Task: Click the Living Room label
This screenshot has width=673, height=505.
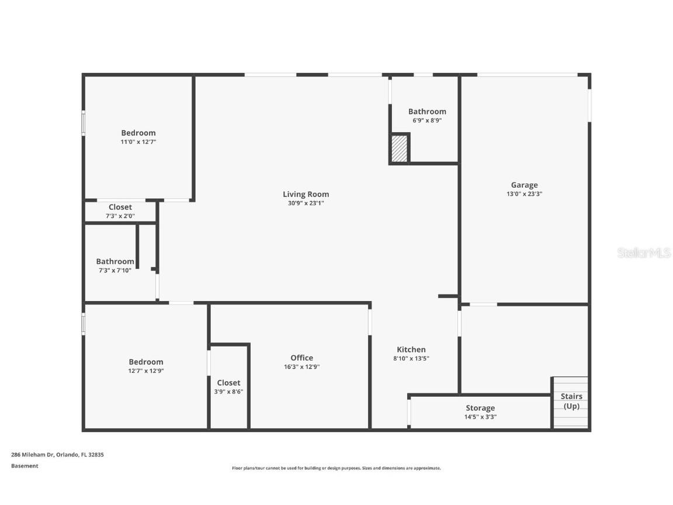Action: tap(306, 194)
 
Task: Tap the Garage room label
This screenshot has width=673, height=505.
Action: tap(524, 185)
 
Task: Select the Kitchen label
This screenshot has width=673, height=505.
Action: tap(411, 350)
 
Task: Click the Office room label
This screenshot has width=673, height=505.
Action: tap(301, 358)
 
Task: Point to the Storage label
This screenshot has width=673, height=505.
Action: tap(480, 408)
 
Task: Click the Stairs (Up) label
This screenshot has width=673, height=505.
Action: tap(571, 401)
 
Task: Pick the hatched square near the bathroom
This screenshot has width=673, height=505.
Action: tap(399, 148)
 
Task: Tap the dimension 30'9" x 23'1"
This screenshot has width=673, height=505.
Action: tap(306, 203)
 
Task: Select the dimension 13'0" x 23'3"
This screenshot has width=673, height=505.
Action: tap(524, 194)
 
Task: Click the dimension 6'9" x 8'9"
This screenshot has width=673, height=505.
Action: tap(427, 120)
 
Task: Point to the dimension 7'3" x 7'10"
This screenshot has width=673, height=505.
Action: tap(114, 270)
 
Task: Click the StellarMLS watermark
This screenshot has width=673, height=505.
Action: tap(644, 253)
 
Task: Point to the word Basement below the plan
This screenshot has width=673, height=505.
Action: tap(25, 466)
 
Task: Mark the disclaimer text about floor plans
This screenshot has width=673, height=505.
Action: tap(336, 468)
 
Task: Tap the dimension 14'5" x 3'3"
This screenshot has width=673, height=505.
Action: tap(480, 417)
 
